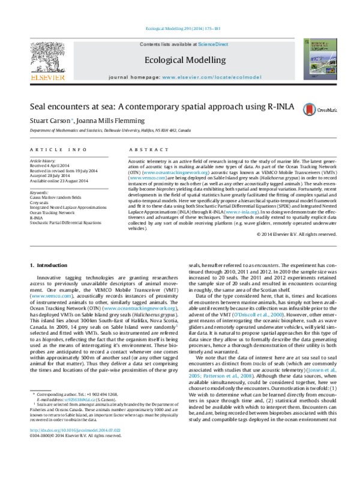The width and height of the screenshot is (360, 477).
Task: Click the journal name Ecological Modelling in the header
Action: click(x=181, y=59)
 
